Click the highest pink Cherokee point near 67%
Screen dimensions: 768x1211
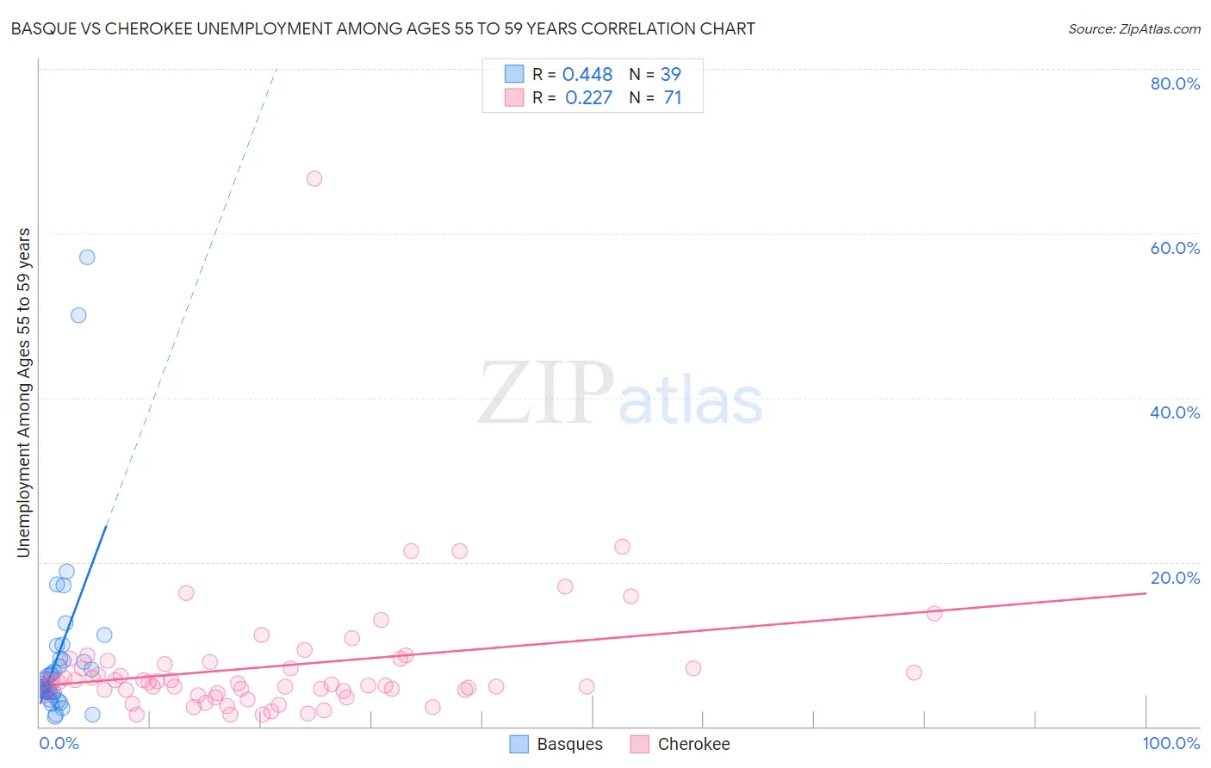[x=314, y=178]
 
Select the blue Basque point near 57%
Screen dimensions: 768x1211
[x=87, y=257]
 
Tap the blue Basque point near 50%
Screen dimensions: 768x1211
[x=78, y=315]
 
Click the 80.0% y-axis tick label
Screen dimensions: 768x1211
[x=1175, y=84]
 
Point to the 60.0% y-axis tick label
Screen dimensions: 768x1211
[x=1175, y=248]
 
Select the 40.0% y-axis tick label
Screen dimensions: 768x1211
[x=1175, y=412]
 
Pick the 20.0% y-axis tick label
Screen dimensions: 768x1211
[x=1175, y=578]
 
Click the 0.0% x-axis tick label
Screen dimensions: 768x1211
[x=59, y=743]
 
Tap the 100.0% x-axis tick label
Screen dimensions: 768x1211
[x=1171, y=743]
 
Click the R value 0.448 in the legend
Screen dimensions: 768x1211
[x=587, y=75]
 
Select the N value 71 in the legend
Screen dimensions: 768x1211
[x=673, y=98]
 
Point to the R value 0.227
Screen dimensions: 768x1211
[x=588, y=98]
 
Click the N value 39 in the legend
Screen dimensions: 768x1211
[x=670, y=75]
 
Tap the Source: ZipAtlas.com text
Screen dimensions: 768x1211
[x=1133, y=29]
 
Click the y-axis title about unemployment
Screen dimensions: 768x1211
[x=24, y=393]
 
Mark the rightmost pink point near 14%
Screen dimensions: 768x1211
[x=934, y=613]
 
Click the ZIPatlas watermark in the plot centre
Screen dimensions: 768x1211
[x=620, y=394]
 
